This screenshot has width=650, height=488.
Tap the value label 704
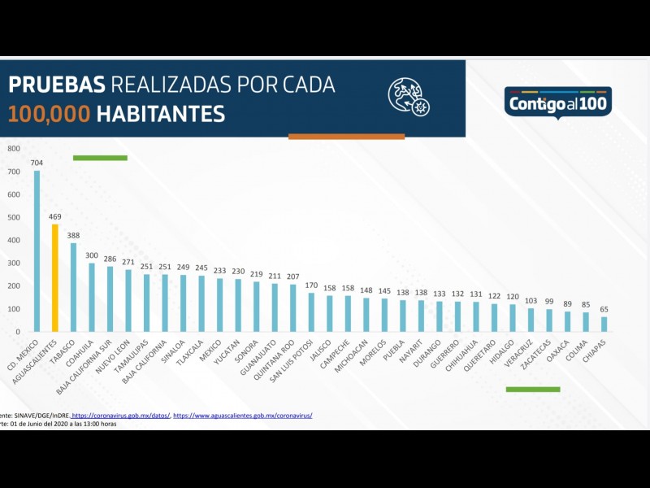[37, 163]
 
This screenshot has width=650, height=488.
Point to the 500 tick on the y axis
[13, 218]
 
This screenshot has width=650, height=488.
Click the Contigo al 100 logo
[557, 103]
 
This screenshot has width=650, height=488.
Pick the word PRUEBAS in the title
[56, 85]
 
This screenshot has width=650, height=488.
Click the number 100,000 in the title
[49, 114]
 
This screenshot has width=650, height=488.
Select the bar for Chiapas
[604, 324]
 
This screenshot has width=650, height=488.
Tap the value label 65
[604, 309]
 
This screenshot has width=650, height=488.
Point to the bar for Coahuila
[92, 297]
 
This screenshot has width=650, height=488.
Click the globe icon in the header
[408, 97]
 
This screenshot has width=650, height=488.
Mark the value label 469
[55, 216]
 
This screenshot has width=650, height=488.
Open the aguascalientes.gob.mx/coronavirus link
[242, 416]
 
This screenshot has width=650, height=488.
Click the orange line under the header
[346, 137]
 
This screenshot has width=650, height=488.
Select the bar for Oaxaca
[567, 321]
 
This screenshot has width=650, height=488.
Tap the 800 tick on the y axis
[13, 149]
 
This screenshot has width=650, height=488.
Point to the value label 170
[311, 285]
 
